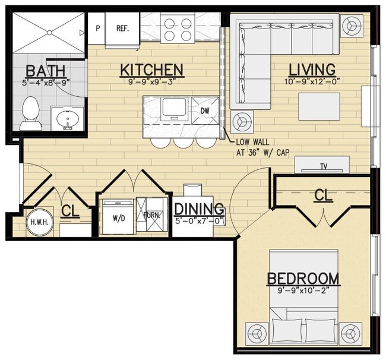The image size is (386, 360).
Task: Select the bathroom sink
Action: click(x=66, y=119)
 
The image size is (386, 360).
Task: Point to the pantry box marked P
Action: click(x=97, y=28)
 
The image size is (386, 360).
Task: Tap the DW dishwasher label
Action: click(x=205, y=110)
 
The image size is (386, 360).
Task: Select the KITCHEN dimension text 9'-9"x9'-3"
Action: click(x=151, y=83)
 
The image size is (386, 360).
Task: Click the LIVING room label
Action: click(x=312, y=70)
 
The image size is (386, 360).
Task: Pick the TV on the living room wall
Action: click(x=324, y=166)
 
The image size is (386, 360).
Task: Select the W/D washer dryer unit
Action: click(x=118, y=217)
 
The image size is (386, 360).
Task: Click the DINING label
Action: click(x=199, y=209)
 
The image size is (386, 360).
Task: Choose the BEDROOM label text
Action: click(x=303, y=278)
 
